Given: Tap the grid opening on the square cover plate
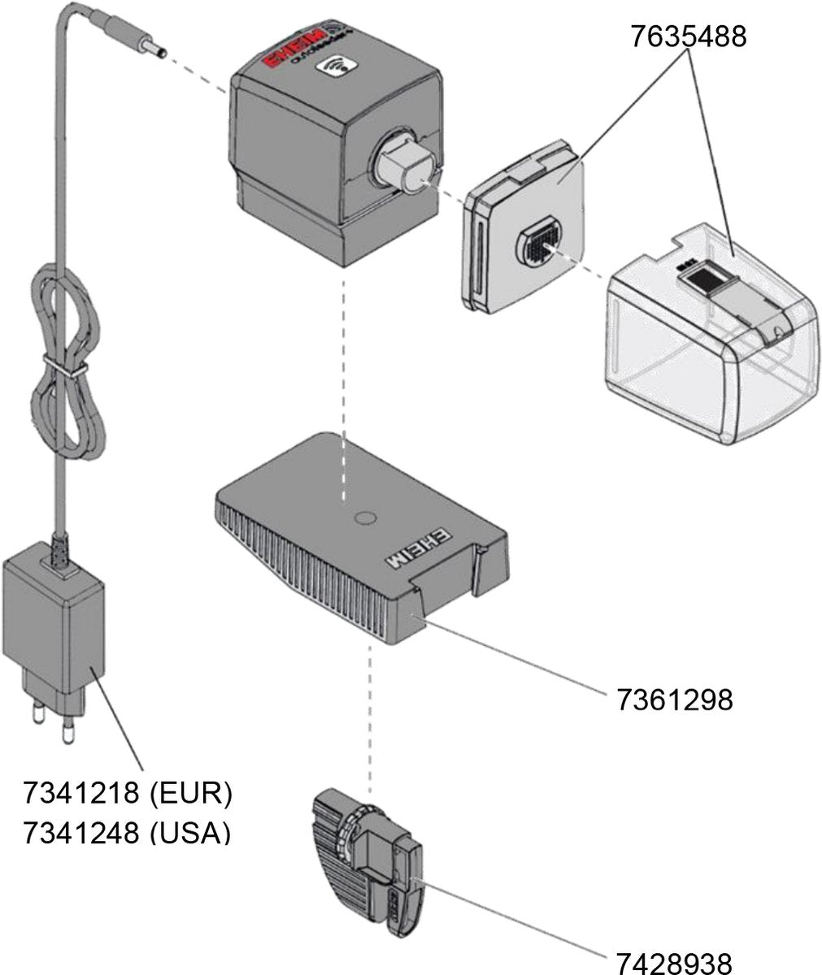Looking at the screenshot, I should tap(537, 241).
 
